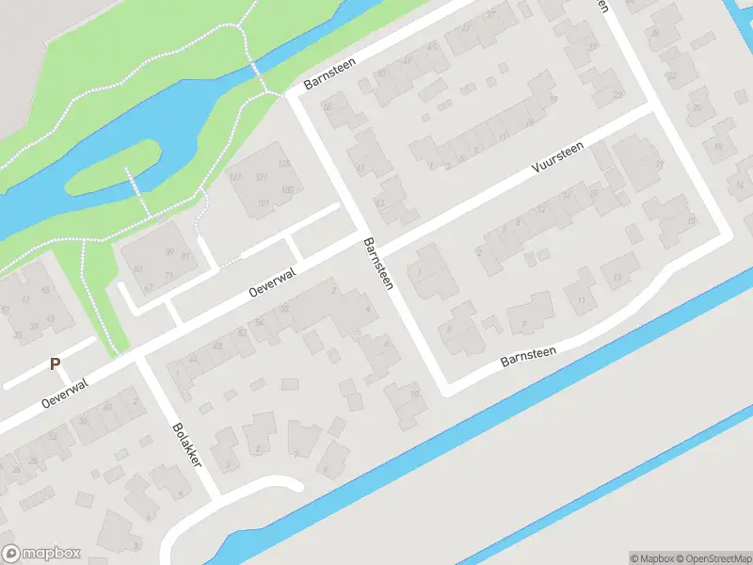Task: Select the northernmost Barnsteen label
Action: click(x=326, y=80)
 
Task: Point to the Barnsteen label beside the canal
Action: click(x=528, y=357)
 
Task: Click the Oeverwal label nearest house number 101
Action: click(x=272, y=282)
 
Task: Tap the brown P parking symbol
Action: click(x=55, y=364)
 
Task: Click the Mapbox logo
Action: click(x=41, y=554)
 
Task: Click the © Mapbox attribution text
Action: click(x=651, y=557)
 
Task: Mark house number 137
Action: click(x=235, y=178)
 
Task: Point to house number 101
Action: click(x=264, y=202)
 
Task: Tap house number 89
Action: click(x=169, y=250)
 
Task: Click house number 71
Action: click(x=170, y=274)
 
